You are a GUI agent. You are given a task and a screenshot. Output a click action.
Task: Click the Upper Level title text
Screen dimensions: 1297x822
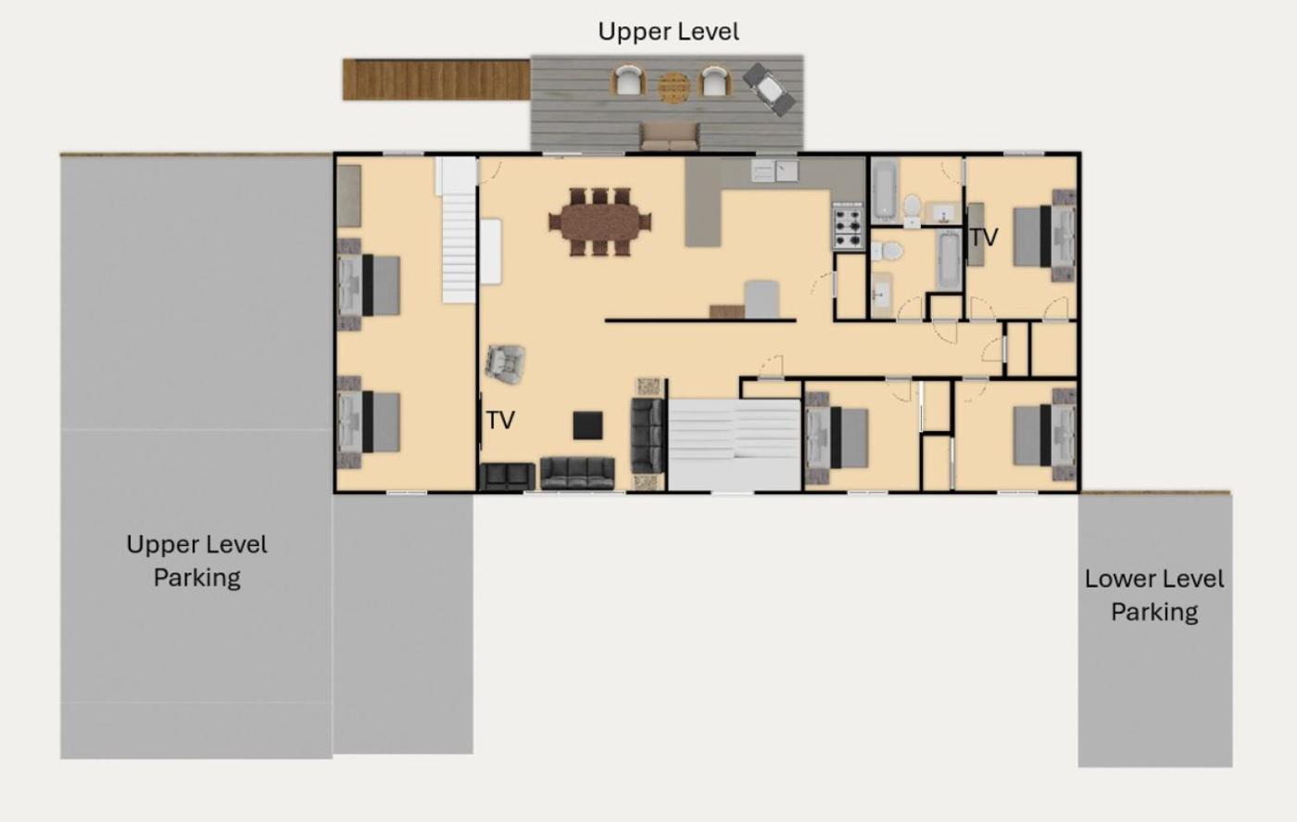[x=668, y=32]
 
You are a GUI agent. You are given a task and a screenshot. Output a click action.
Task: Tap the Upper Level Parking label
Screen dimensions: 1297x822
[x=196, y=561]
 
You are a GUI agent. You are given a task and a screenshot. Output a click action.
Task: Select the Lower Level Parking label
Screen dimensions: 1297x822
[x=1154, y=595]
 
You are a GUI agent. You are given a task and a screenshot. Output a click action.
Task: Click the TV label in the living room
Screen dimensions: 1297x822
[x=500, y=421]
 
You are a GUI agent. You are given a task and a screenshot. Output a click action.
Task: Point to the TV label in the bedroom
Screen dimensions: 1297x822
[x=984, y=237]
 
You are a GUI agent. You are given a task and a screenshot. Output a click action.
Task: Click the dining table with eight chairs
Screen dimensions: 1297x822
[x=600, y=221]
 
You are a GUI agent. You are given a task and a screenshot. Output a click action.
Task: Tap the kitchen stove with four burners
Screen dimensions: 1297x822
[x=849, y=226]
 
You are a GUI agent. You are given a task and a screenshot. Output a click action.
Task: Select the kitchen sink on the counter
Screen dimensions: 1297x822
[x=774, y=171]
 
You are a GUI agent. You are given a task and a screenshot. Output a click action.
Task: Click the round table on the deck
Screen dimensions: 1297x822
[x=674, y=87]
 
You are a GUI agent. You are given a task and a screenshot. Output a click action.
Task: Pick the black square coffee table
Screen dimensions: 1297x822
[x=587, y=425]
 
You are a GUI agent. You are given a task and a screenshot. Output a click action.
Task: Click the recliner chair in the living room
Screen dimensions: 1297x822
[x=506, y=364]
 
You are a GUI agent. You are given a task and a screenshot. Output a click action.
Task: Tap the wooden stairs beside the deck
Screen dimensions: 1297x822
[x=436, y=80]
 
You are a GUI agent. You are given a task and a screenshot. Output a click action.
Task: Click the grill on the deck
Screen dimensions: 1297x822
[x=769, y=89]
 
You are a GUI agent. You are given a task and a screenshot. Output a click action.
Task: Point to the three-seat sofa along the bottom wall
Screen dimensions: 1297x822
[x=577, y=474]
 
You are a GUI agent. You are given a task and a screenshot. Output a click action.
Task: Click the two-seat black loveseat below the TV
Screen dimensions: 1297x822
[x=508, y=476]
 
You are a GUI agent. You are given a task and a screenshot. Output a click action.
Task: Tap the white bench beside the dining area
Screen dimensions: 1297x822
[x=490, y=251]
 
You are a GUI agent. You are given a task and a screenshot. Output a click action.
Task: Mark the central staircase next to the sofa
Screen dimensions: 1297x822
[x=735, y=445]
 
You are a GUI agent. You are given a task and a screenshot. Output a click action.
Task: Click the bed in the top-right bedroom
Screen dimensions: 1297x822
[x=1045, y=235]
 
